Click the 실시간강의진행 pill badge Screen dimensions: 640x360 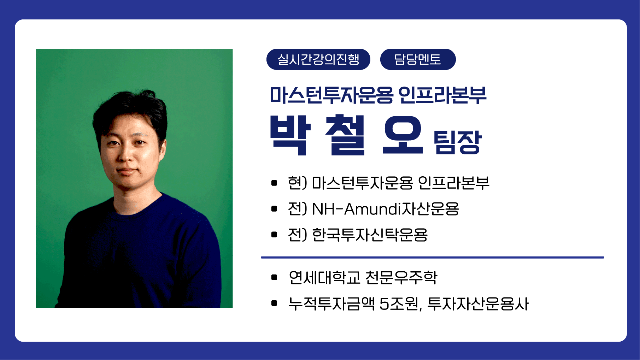point(318,59)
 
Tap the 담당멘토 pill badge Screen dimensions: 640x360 point(418,59)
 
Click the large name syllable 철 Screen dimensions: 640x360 point(345,135)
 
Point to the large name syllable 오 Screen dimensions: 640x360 point(403,136)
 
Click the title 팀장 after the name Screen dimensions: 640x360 point(457,142)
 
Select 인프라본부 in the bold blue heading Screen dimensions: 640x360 point(442,95)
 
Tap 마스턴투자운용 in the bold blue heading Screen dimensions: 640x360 point(331,95)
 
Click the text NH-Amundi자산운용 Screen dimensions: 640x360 point(386,209)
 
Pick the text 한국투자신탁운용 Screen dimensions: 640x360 point(370,235)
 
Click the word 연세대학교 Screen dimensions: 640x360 point(324,277)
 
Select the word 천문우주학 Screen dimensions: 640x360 point(401,277)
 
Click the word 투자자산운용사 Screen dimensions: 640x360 point(478,303)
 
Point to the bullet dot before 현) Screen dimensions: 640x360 point(274,183)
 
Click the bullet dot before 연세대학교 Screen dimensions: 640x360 point(274,277)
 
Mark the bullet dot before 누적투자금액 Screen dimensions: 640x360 point(274,303)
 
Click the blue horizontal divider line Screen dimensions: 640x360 point(433,258)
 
